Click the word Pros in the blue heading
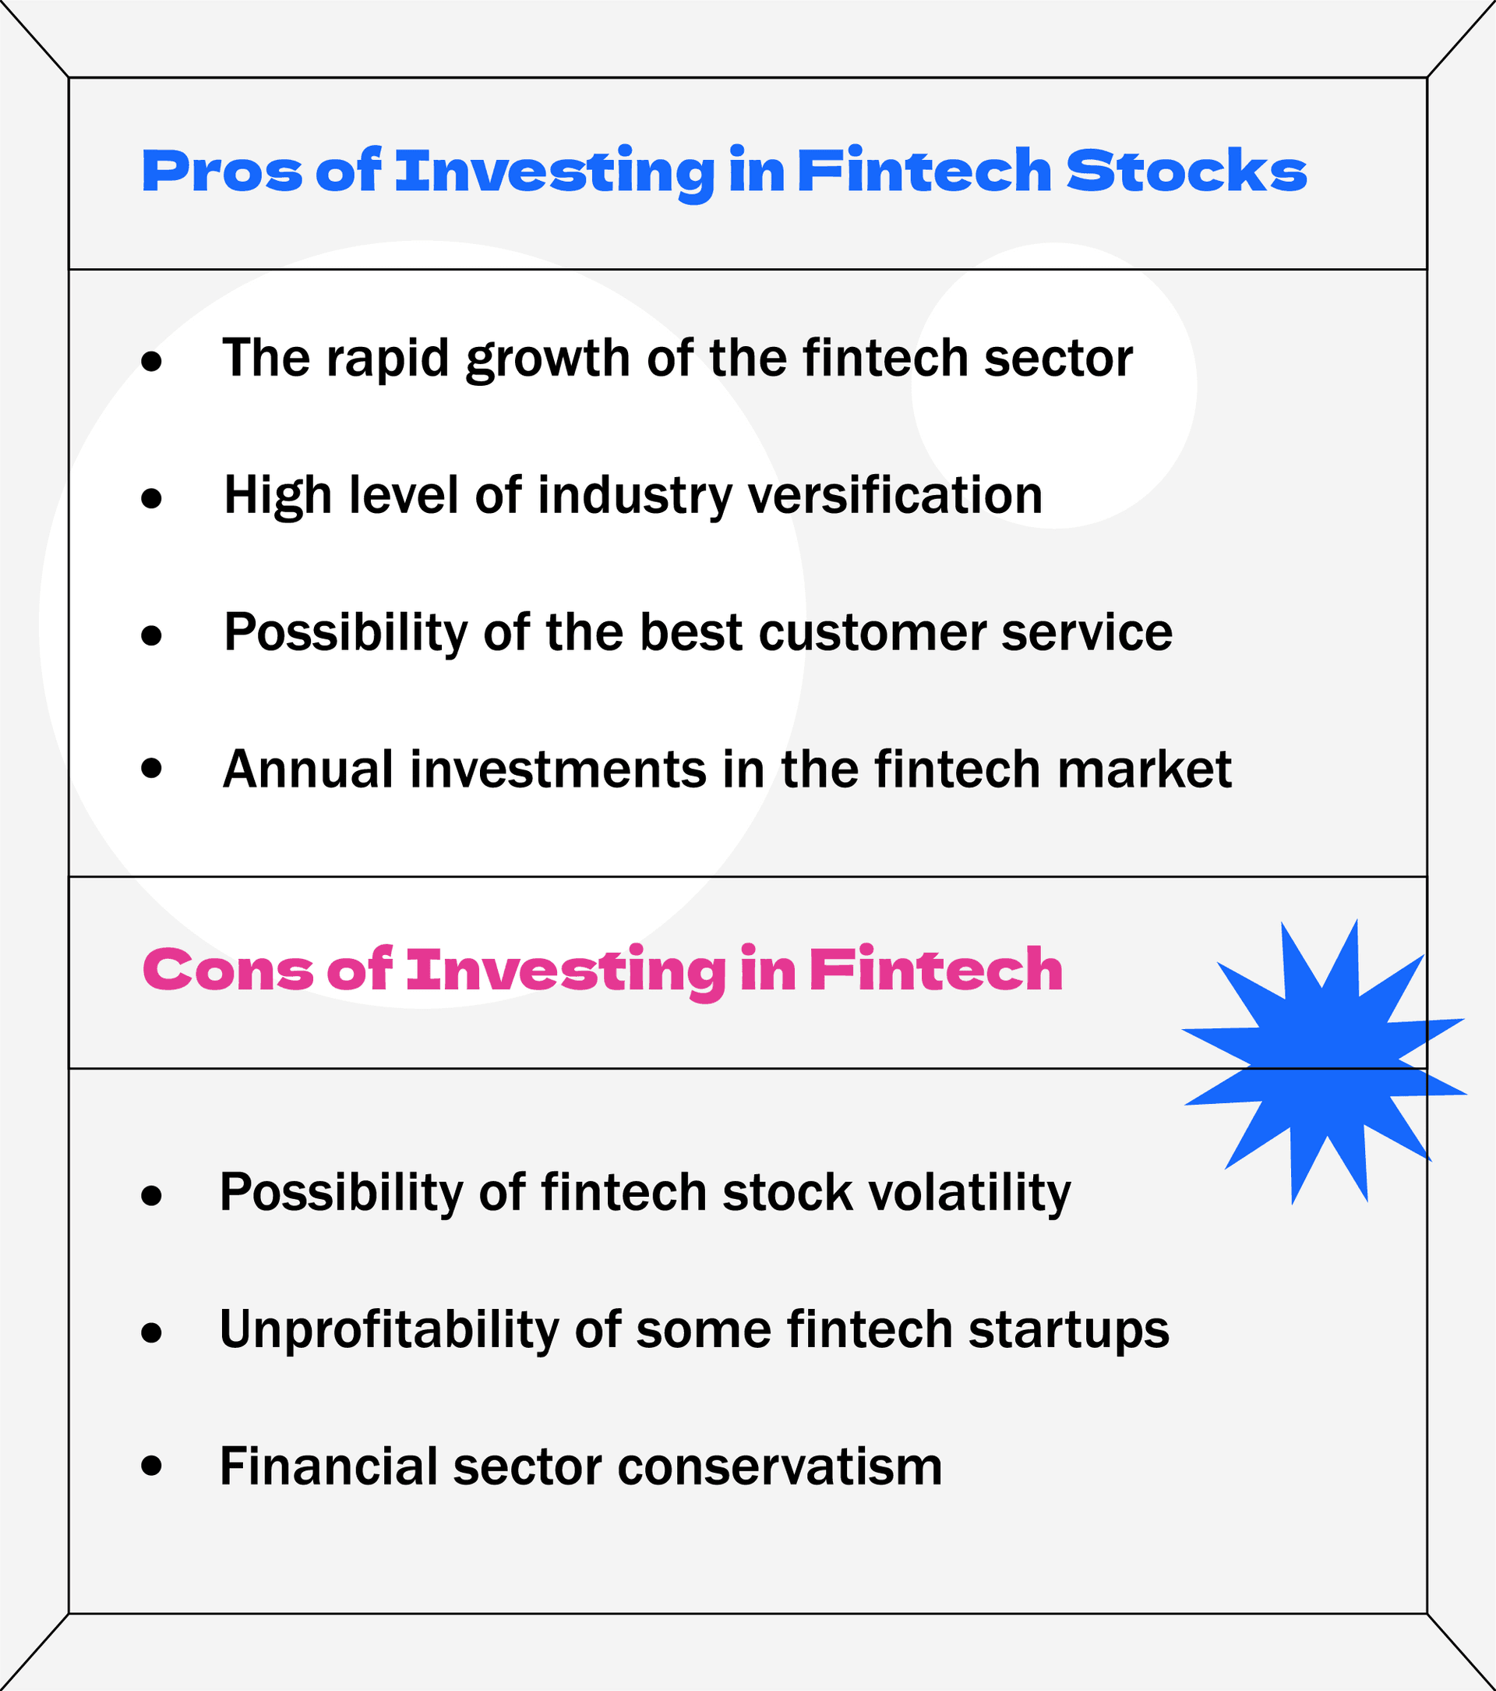(221, 172)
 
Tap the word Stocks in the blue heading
(1186, 172)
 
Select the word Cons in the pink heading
(228, 970)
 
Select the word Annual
(308, 769)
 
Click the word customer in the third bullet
(873, 633)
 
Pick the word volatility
(968, 1193)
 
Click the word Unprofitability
(389, 1330)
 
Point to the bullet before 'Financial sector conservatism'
(151, 1466)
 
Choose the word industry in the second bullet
(635, 496)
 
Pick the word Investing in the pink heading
(566, 970)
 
